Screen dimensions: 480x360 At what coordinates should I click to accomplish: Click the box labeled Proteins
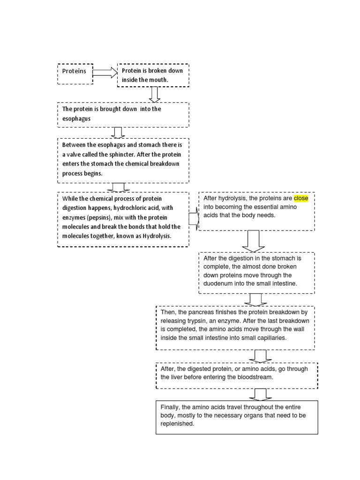tap(75, 74)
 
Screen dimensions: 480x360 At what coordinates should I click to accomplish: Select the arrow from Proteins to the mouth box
tap(105, 73)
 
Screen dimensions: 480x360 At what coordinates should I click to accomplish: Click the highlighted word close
tap(301, 198)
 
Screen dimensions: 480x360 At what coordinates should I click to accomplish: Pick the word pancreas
tap(198, 312)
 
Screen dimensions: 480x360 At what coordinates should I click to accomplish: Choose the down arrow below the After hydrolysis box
tap(253, 241)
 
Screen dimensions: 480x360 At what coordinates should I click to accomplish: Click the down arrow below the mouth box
tap(155, 94)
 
